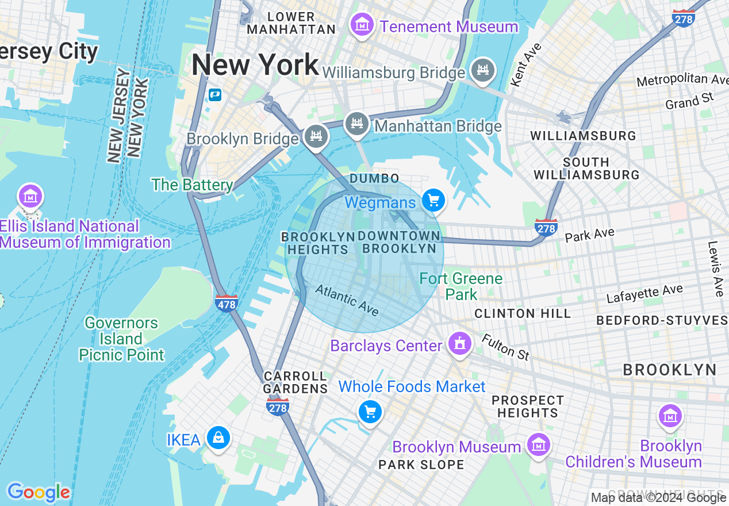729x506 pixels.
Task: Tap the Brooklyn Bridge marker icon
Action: [x=316, y=137]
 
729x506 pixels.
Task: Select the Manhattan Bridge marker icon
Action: [x=356, y=124]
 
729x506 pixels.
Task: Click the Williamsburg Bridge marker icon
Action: [x=482, y=70]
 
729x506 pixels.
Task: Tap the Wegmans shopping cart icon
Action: [x=433, y=201]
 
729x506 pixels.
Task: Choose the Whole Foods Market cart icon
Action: [x=370, y=412]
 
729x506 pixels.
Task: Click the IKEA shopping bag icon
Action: [x=218, y=438]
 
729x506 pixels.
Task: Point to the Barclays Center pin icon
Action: [x=459, y=344]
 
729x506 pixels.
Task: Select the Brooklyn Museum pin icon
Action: [x=538, y=444]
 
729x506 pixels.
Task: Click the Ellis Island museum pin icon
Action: [x=30, y=197]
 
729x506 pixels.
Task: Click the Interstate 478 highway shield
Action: [x=227, y=303]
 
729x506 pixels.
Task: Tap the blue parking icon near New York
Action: [x=215, y=94]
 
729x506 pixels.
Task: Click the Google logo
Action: [x=39, y=492]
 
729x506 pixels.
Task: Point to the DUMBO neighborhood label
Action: [x=374, y=178]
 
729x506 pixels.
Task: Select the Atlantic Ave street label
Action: [x=347, y=300]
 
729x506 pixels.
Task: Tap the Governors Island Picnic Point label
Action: [x=121, y=339]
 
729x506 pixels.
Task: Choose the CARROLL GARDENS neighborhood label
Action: [x=295, y=382]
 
